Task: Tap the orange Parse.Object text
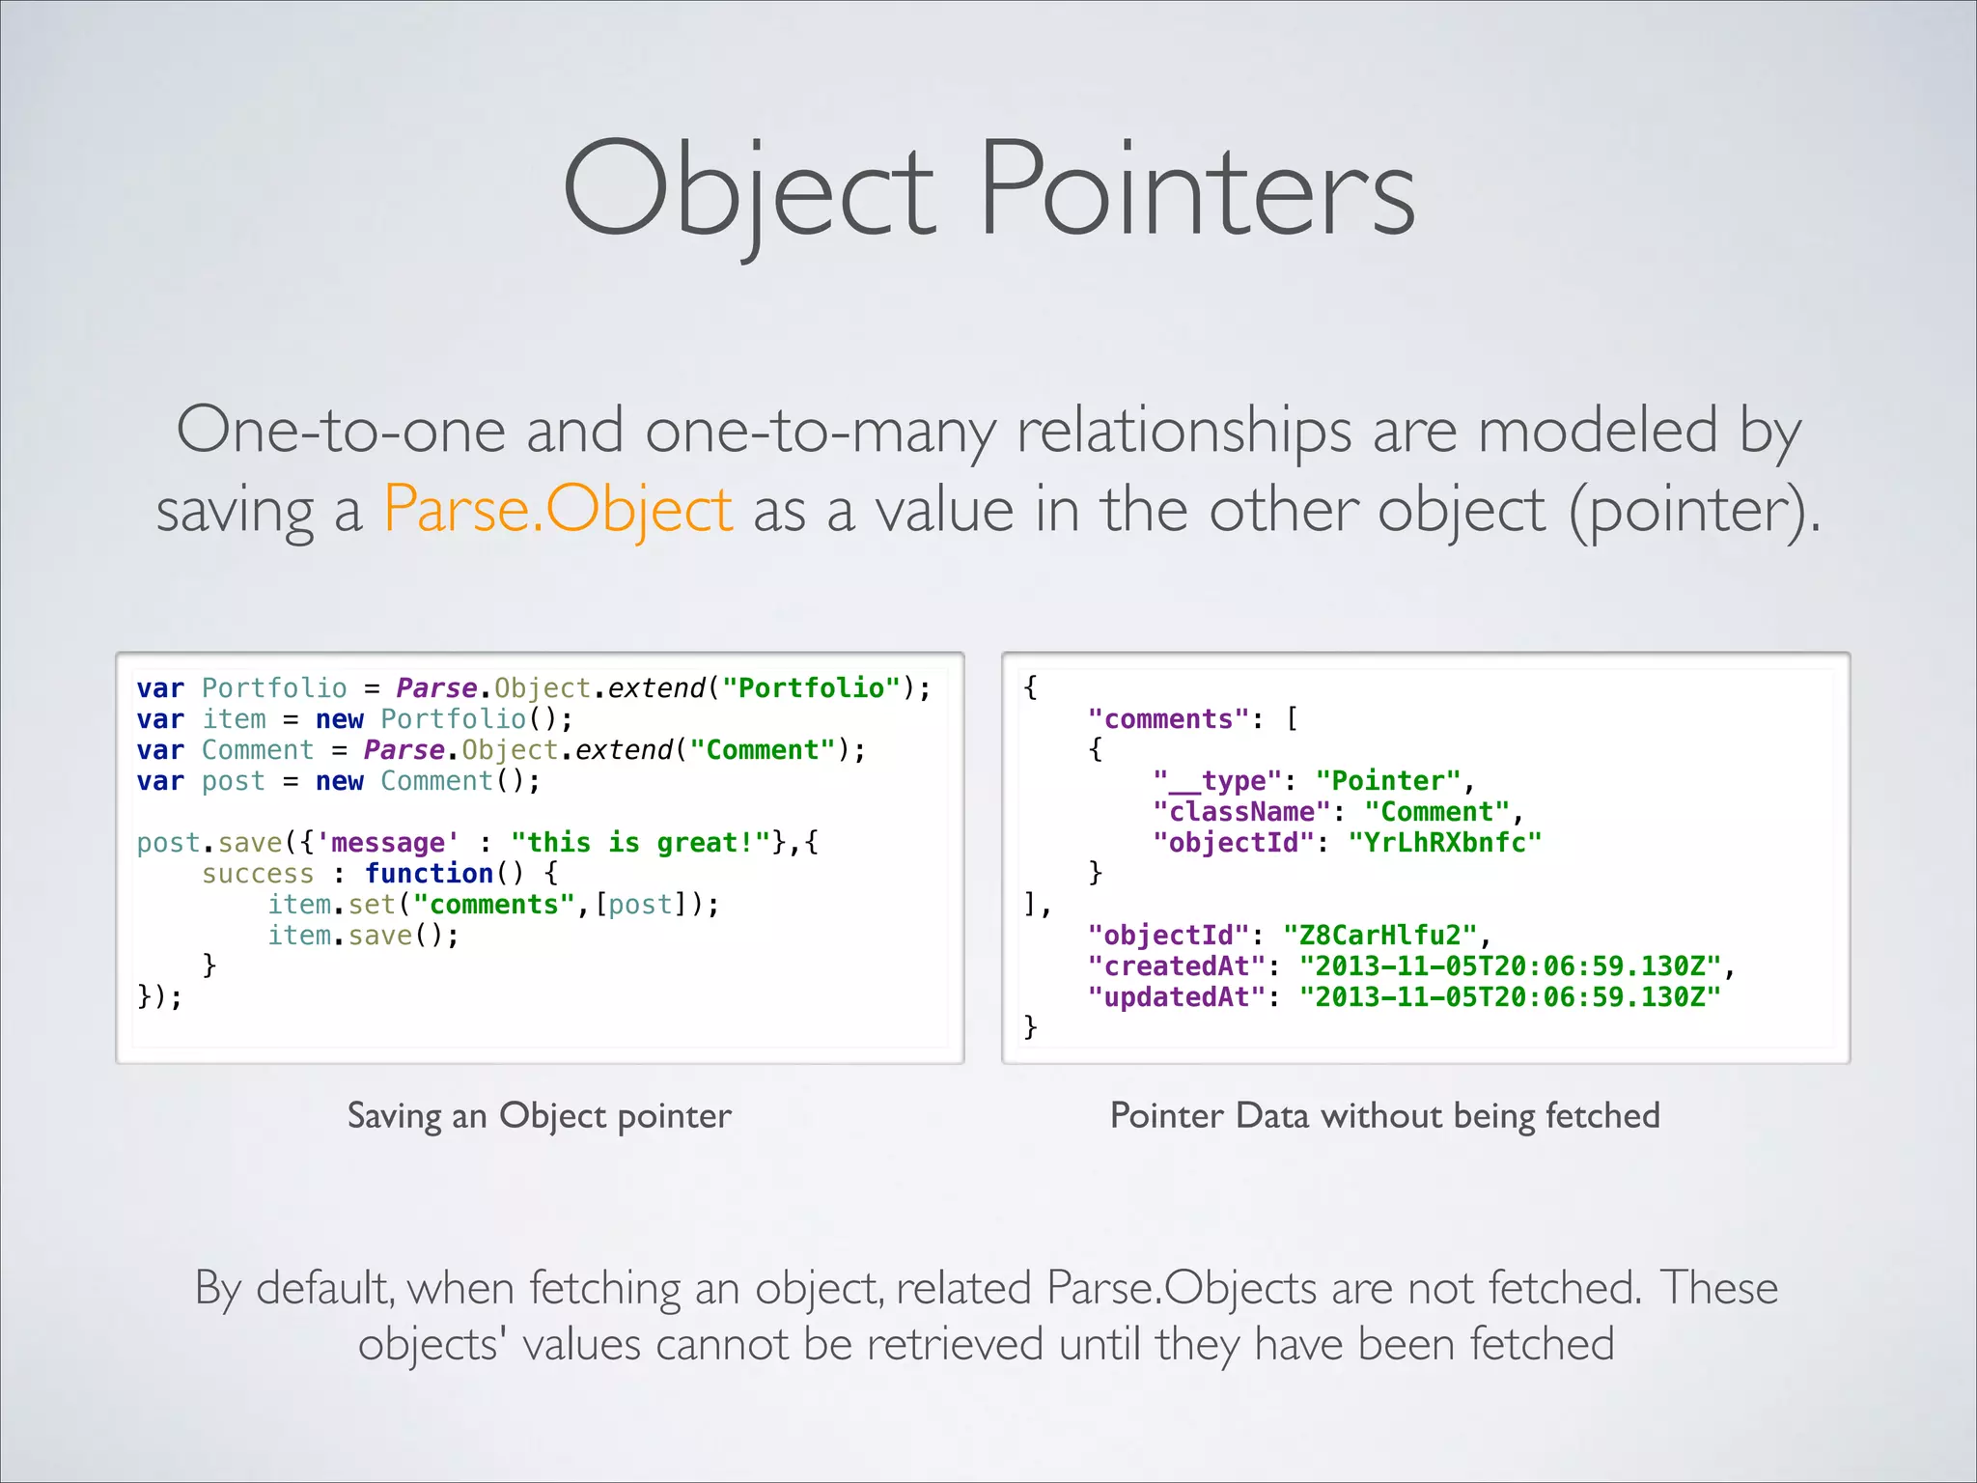tap(558, 509)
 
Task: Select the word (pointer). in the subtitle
tap(1695, 509)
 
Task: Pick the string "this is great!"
tap(640, 843)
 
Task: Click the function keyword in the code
tap(429, 874)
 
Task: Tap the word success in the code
tap(258, 874)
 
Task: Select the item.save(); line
tap(363, 936)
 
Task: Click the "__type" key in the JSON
tap(1217, 781)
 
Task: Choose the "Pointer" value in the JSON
tap(1388, 781)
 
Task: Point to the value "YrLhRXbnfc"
tap(1445, 843)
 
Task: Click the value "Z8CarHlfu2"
tap(1380, 936)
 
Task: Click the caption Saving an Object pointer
tap(539, 1116)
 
